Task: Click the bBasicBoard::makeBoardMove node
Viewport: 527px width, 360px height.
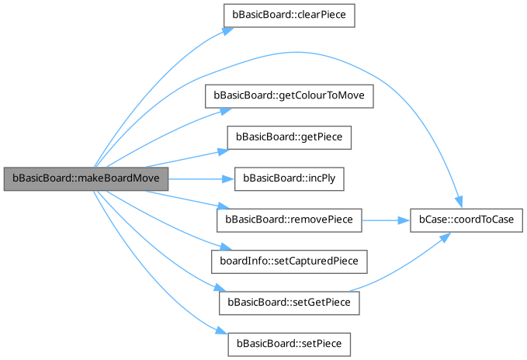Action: point(86,178)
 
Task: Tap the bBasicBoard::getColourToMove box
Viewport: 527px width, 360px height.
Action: point(289,95)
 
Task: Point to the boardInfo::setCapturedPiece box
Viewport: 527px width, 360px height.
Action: point(289,261)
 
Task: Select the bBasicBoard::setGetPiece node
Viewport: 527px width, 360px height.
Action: point(289,303)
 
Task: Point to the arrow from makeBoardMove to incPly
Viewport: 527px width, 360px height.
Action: point(198,178)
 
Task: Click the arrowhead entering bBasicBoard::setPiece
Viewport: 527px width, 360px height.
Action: point(222,332)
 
